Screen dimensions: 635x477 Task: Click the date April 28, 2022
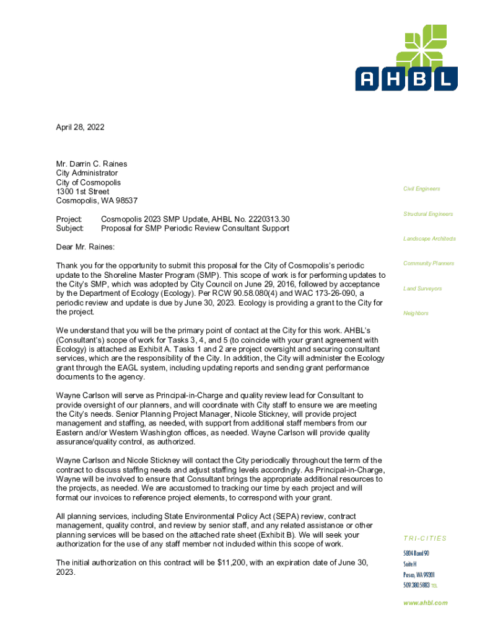(x=80, y=127)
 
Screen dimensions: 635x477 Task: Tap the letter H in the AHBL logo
(x=394, y=78)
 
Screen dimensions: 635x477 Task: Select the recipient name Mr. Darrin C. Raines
(x=92, y=164)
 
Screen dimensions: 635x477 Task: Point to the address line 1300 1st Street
(x=82, y=192)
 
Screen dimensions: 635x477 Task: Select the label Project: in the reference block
(x=69, y=219)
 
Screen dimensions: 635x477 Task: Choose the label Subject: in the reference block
(x=69, y=228)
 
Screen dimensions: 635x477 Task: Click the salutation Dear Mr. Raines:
(x=85, y=247)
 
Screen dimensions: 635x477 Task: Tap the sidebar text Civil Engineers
(x=422, y=189)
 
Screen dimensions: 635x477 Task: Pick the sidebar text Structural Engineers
(x=428, y=214)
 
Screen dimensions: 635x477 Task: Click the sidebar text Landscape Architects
(x=429, y=239)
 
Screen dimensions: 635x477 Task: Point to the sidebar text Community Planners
(x=429, y=264)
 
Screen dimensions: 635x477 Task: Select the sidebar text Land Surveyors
(x=422, y=288)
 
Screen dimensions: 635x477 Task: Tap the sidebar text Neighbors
(x=416, y=313)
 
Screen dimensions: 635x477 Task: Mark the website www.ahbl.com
(x=426, y=603)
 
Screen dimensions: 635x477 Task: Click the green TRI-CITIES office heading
(x=425, y=538)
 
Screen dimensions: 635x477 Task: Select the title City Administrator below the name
(x=87, y=174)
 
